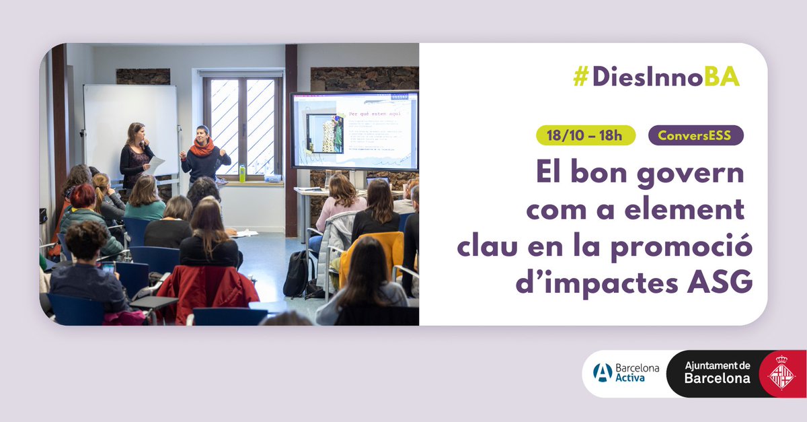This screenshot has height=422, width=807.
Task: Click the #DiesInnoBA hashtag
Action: point(656,77)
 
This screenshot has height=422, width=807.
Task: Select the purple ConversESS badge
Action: point(695,135)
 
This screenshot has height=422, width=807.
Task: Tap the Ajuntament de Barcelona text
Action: point(717,372)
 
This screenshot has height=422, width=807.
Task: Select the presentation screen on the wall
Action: point(354,131)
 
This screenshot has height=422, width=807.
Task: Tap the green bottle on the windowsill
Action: point(242,174)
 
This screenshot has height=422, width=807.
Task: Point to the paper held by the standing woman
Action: point(155,164)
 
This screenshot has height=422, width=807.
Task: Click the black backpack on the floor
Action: point(296,273)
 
